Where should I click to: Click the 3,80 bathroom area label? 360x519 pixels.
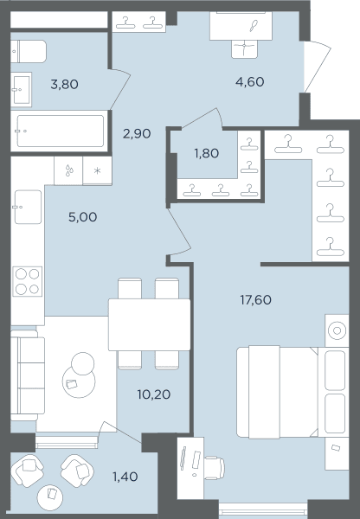tap(65, 85)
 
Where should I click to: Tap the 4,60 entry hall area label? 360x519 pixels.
tap(250, 82)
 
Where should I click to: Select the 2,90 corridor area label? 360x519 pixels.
tap(137, 134)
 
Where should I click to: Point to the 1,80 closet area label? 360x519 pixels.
tap(206, 153)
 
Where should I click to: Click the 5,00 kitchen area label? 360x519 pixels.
tap(82, 217)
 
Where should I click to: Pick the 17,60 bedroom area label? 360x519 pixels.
tap(255, 300)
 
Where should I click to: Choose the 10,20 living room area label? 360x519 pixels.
tap(154, 394)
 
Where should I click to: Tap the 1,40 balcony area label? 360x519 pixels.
tap(125, 477)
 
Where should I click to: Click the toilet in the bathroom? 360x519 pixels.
tap(29, 52)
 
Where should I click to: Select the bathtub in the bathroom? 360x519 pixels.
tap(60, 131)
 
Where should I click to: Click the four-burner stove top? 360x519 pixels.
tap(28, 281)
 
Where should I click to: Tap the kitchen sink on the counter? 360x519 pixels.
tap(28, 208)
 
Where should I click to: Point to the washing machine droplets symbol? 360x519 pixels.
tap(69, 170)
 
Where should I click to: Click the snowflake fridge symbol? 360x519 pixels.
tap(98, 170)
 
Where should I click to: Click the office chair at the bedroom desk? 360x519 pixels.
tap(215, 468)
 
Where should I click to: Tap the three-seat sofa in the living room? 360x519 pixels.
tap(28, 375)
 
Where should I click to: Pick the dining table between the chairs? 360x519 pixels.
tap(150, 324)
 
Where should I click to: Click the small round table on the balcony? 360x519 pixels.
tap(50, 497)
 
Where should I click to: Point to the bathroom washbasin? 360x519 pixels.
tap(21, 90)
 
